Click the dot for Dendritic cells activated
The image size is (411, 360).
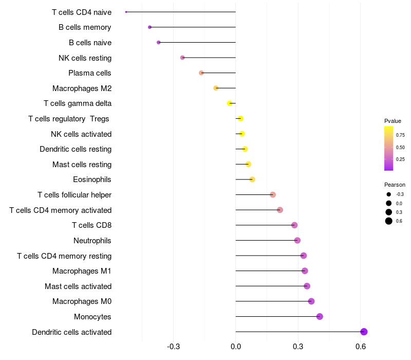364,332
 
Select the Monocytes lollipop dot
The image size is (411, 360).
320,316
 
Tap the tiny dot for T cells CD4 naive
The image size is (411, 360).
126,12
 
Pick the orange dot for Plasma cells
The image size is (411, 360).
201,73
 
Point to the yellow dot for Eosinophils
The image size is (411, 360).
252,179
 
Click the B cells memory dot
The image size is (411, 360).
150,27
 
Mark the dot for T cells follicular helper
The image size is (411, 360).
273,194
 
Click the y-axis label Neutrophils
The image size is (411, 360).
92,241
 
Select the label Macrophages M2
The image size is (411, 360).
82,88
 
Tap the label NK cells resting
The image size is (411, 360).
85,58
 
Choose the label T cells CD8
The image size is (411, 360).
91,225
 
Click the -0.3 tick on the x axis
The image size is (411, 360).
173,347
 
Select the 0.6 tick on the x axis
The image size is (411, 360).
360,347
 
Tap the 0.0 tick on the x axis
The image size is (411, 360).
236,347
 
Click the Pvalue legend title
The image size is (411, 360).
393,121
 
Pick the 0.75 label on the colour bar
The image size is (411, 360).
400,135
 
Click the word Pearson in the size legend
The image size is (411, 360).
395,185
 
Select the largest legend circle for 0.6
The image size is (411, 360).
389,221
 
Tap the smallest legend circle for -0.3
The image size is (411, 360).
389,194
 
